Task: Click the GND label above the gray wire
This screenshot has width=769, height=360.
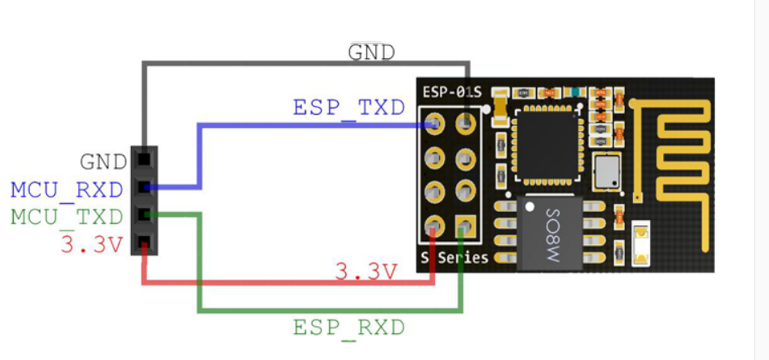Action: (x=371, y=53)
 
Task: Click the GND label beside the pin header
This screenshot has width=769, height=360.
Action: (x=104, y=162)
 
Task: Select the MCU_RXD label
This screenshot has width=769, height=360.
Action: (x=67, y=190)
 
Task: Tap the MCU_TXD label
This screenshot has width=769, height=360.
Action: (x=67, y=217)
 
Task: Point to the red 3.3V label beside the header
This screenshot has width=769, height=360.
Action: (x=91, y=244)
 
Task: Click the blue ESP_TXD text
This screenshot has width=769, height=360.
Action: (x=349, y=108)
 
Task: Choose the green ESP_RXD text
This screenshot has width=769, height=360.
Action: (x=349, y=328)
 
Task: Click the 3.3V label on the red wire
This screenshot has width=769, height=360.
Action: (x=366, y=271)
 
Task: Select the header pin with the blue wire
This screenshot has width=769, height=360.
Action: (x=144, y=188)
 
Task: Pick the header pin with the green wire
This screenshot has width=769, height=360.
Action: (x=144, y=214)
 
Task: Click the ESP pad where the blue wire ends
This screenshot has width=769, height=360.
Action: (x=435, y=124)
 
